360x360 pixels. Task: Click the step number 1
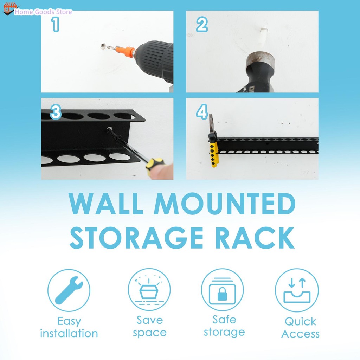coord(55,24)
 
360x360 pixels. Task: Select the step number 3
coord(56,112)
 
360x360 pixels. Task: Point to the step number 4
coord(202,112)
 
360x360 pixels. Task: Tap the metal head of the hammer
coord(261,60)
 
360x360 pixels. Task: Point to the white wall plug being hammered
coord(264,34)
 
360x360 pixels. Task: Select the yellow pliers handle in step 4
coord(214,154)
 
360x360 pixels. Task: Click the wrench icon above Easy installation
coord(69,290)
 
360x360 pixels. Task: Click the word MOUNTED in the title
coord(225,204)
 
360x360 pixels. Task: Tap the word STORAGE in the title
coord(136,238)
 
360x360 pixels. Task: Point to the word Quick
coord(300,321)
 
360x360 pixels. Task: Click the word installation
coord(69,333)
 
